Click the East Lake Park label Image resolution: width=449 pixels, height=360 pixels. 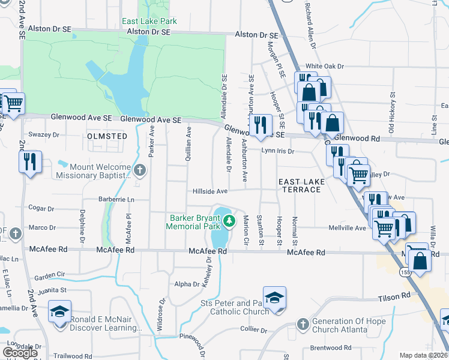pyautogui.click(x=149, y=21)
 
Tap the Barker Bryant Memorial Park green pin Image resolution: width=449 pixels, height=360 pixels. pyautogui.click(x=228, y=223)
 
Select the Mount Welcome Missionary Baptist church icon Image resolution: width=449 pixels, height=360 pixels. pyautogui.click(x=139, y=170)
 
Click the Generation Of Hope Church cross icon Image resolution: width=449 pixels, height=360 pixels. pyautogui.click(x=304, y=324)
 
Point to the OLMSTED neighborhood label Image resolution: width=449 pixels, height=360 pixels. pyautogui.click(x=107, y=136)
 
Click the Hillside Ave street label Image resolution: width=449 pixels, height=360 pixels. pyautogui.click(x=210, y=191)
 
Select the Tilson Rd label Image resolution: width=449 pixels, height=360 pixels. pyautogui.click(x=393, y=296)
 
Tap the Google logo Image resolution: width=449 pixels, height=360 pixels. pyautogui.click(x=20, y=352)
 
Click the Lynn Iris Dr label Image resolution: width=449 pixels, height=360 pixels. pyautogui.click(x=278, y=151)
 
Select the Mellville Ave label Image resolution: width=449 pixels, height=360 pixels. pyautogui.click(x=347, y=228)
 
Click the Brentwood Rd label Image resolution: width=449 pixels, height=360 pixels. pyautogui.click(x=331, y=347)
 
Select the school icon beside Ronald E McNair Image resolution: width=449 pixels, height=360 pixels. pyautogui.click(x=60, y=311)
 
